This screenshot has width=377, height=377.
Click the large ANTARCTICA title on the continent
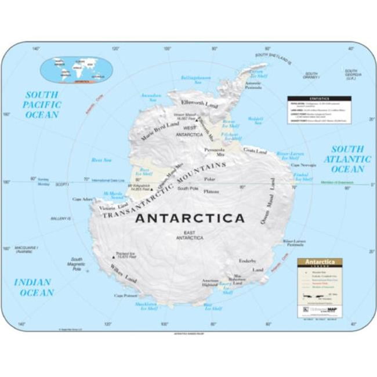coord(190,219)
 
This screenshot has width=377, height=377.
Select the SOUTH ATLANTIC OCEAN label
coord(347,159)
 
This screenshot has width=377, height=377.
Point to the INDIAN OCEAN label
coord(34,287)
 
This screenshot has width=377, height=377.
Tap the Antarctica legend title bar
coord(320,262)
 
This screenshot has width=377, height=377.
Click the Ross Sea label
coord(101,160)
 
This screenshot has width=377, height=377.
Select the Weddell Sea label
coord(255,120)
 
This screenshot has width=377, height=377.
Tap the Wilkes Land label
coord(123,274)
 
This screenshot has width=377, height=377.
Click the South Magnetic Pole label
coord(76,264)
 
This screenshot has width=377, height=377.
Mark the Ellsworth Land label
coord(200,104)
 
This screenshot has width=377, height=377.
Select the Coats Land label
coord(255,151)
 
